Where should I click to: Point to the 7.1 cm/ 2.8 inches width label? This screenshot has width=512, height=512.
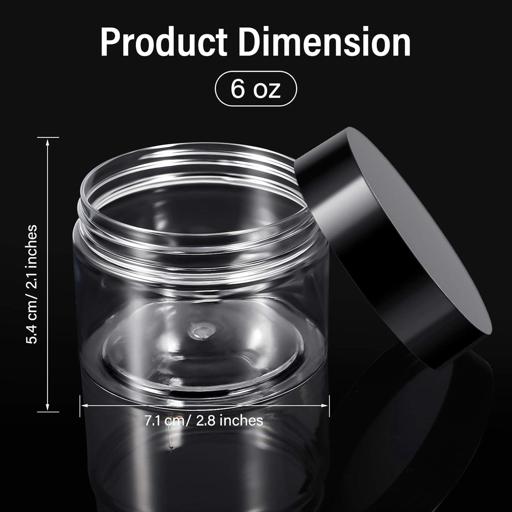204,420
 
